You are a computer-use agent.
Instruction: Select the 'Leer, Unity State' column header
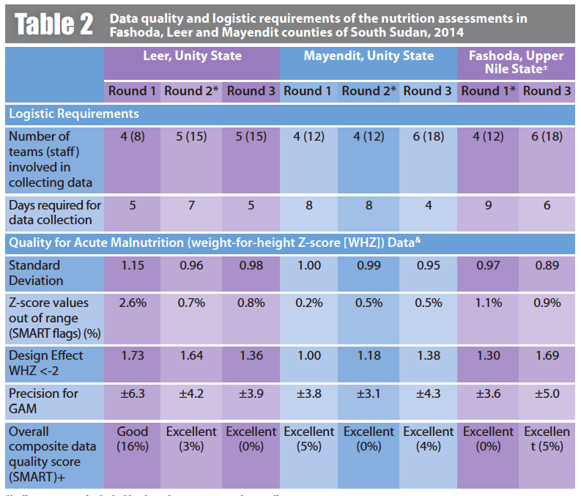click(x=192, y=56)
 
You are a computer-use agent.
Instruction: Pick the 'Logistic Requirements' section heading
click(x=74, y=114)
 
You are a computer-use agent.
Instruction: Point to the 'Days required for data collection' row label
click(x=56, y=212)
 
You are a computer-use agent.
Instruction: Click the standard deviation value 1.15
click(x=133, y=265)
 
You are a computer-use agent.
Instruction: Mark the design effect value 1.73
click(x=133, y=355)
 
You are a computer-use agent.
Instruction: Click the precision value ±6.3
click(x=133, y=393)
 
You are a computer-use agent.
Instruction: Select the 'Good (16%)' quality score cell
click(x=133, y=439)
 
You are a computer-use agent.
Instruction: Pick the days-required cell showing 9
click(x=489, y=206)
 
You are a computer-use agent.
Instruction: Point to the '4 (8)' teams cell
click(x=133, y=136)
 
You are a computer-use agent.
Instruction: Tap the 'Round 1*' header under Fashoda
click(x=489, y=91)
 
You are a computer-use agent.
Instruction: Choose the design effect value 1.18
click(x=369, y=355)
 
